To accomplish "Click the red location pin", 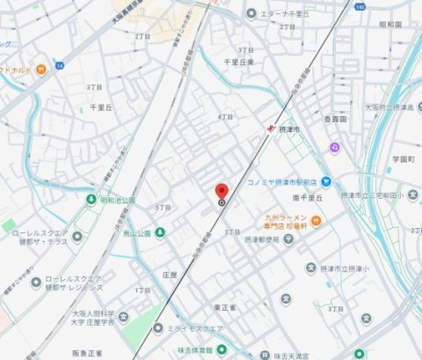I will coord(222,191).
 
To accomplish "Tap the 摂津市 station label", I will coord(289,129).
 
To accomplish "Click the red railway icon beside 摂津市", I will coord(272,129).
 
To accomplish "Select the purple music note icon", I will coord(335,147).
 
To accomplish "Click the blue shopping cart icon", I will coord(325,181).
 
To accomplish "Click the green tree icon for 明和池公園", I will coord(91,200).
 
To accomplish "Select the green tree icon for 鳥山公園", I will coord(118,233).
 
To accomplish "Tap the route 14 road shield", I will coord(60,65).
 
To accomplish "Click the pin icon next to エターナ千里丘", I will coord(251,12).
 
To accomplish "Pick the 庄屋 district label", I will coord(170,274).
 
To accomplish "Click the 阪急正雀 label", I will coord(88,353).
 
